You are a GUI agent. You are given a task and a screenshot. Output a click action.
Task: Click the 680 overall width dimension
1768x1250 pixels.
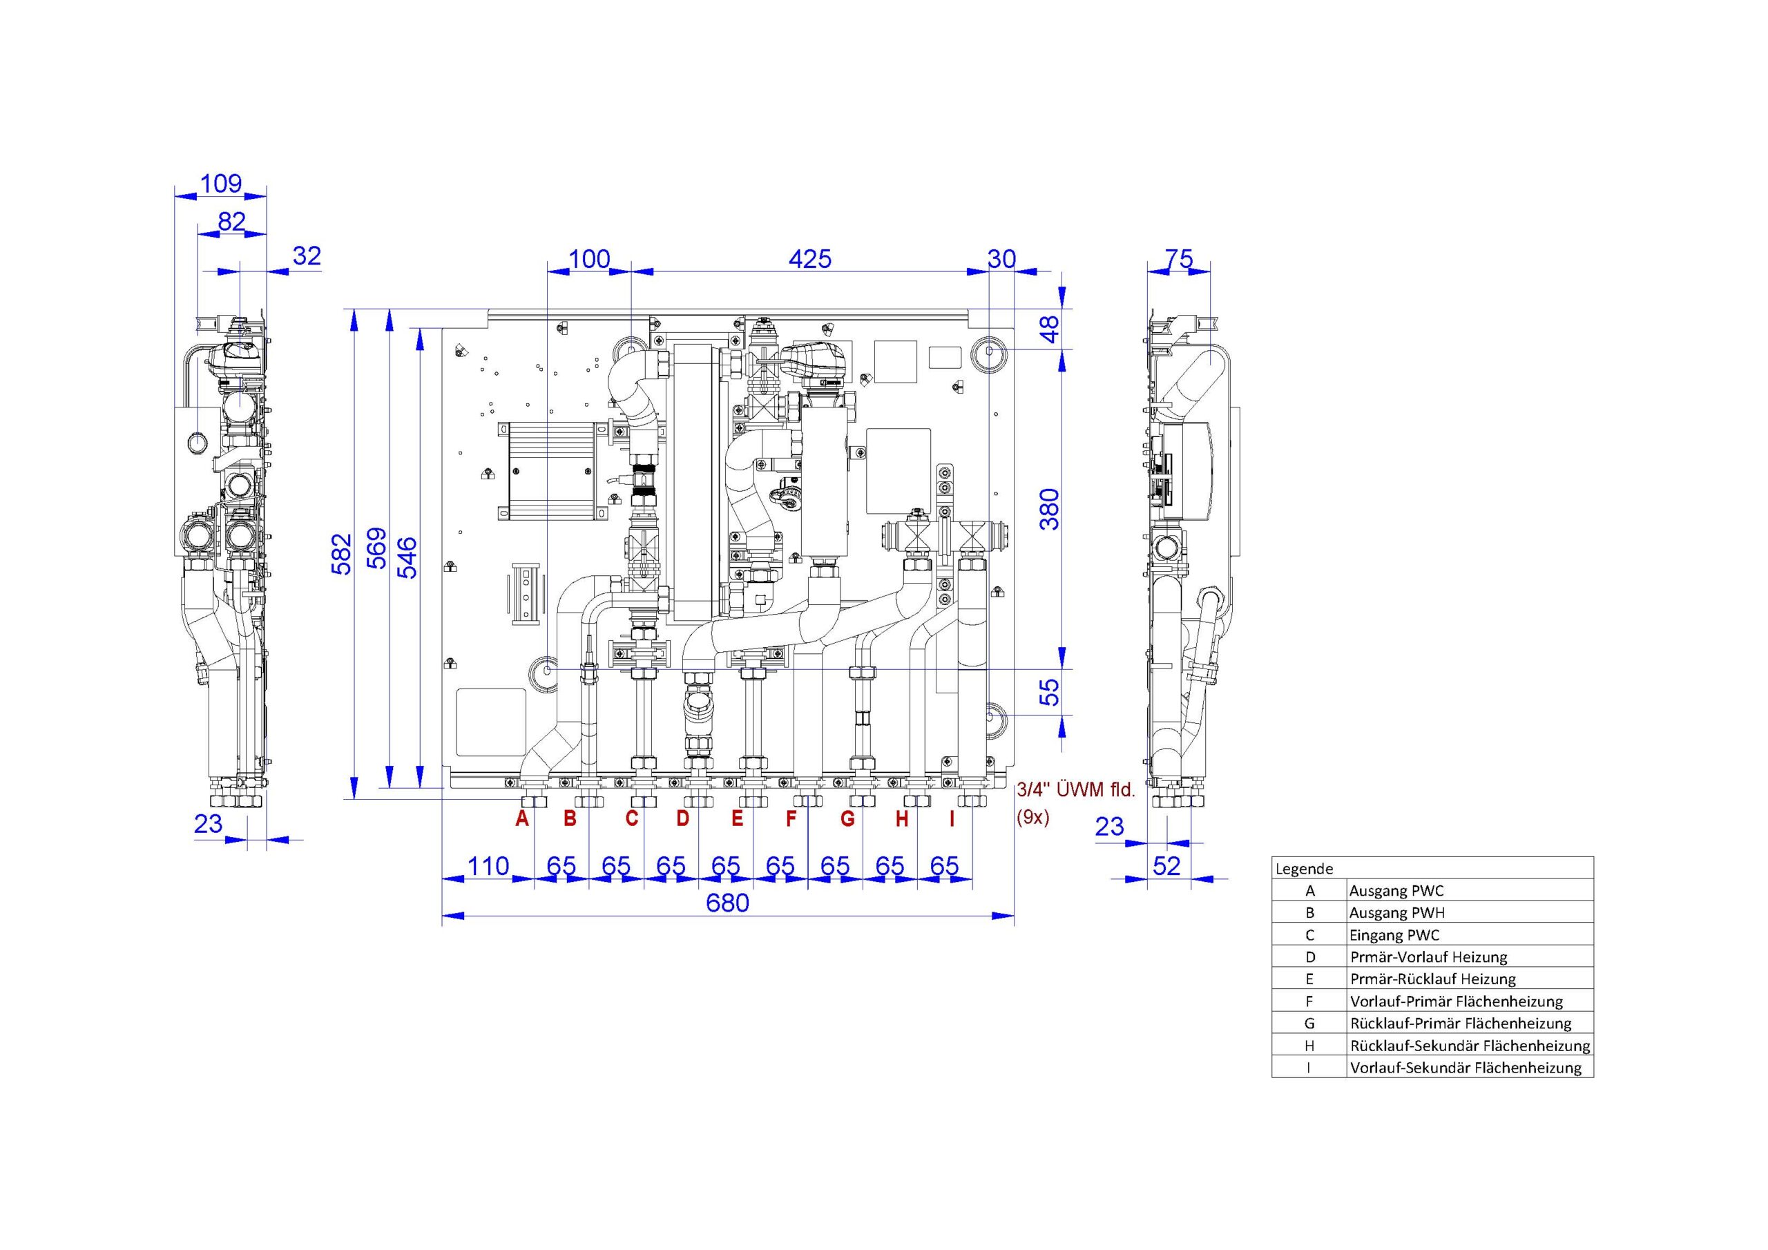(x=727, y=902)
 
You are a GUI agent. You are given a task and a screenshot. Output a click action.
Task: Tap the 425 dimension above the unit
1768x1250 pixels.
(x=810, y=259)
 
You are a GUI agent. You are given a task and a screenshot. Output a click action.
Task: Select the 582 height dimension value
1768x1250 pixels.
(x=341, y=554)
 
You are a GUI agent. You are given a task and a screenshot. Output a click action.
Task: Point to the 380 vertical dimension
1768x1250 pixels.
(x=1050, y=509)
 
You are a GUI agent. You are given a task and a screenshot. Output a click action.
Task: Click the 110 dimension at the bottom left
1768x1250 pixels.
(x=488, y=867)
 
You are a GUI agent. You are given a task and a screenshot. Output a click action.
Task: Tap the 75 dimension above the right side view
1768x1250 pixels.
(x=1179, y=259)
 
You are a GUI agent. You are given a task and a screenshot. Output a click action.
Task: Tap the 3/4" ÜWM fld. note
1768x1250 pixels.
(x=1076, y=790)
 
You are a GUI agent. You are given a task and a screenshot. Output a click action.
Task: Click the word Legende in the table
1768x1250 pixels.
(x=1304, y=869)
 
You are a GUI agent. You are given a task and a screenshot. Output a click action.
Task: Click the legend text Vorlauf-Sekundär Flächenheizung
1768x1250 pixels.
(x=1466, y=1068)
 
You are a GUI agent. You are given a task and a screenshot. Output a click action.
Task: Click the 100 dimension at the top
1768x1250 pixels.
(x=590, y=259)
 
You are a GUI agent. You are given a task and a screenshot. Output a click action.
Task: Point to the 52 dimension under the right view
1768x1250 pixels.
(x=1166, y=867)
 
